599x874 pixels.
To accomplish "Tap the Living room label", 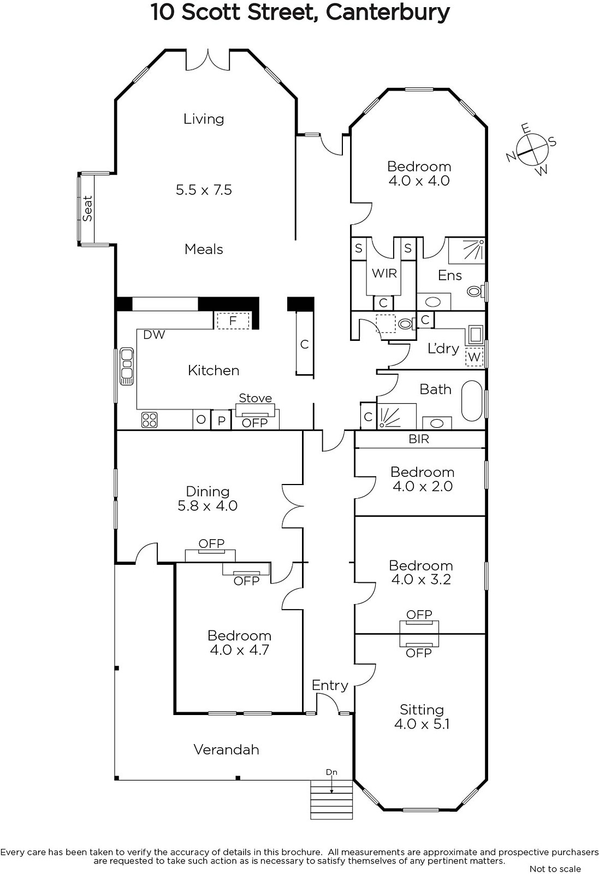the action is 204,119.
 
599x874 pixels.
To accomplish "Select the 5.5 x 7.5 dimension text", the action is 204,190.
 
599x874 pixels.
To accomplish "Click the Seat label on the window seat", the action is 87,208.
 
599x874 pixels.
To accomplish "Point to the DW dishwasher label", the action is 154,334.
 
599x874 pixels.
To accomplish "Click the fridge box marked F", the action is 233,321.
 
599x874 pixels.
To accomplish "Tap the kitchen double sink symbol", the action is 126,367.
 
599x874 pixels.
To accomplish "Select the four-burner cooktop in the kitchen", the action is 150,420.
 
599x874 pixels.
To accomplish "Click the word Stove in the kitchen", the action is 256,398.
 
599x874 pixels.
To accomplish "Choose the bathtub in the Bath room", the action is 472,401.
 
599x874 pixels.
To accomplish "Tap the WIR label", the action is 384,274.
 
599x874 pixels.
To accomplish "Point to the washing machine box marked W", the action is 474,357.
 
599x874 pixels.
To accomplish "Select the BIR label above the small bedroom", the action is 419,439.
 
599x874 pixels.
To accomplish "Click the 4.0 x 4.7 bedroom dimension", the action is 240,649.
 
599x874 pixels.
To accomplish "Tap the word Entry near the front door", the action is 330,686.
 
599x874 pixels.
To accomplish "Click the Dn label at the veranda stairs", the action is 331,772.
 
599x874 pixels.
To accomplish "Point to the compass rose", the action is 531,150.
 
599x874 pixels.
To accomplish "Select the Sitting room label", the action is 422,710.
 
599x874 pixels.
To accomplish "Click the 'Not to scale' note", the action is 555,869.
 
